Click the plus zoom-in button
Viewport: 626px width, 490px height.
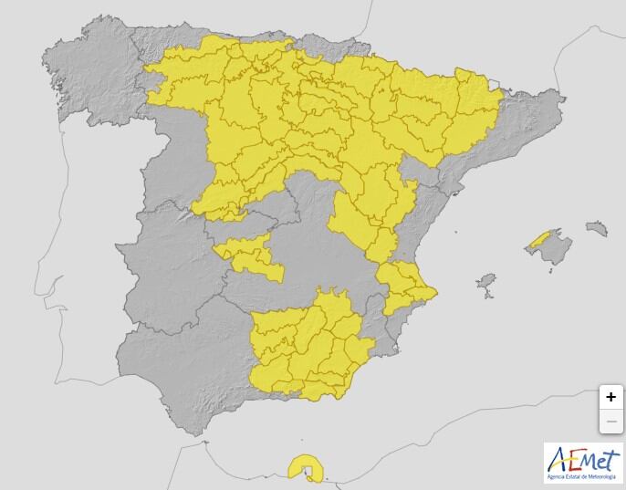coord(610,398)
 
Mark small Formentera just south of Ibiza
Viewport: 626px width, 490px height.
coord(488,296)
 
